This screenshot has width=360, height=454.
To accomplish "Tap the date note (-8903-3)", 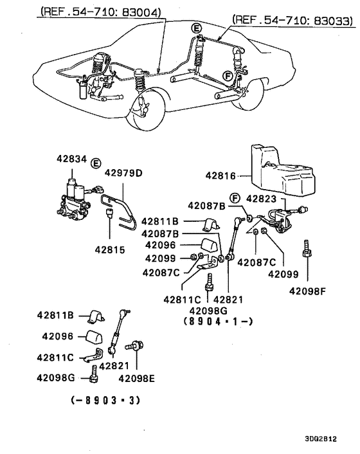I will coord(104,399).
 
